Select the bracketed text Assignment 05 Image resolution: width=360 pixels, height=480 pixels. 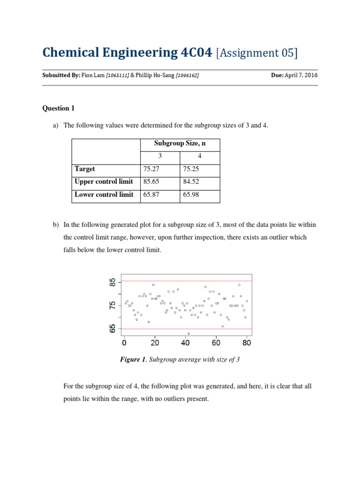click(257, 53)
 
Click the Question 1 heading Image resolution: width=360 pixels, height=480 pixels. click(59, 108)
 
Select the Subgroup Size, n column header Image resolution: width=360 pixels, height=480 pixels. click(180, 144)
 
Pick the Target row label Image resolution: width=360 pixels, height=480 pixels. click(85, 169)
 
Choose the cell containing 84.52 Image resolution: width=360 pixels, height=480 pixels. click(190, 182)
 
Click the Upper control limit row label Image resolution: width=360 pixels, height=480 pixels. click(104, 182)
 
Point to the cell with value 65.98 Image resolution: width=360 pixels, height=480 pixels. click(190, 195)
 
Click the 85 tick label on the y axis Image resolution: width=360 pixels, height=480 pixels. click(112, 283)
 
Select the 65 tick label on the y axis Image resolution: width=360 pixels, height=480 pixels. click(112, 329)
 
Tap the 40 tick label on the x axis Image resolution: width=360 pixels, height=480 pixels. click(185, 343)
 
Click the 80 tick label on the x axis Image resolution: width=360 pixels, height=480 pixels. click(247, 343)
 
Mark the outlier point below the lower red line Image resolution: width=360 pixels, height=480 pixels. click(188, 333)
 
